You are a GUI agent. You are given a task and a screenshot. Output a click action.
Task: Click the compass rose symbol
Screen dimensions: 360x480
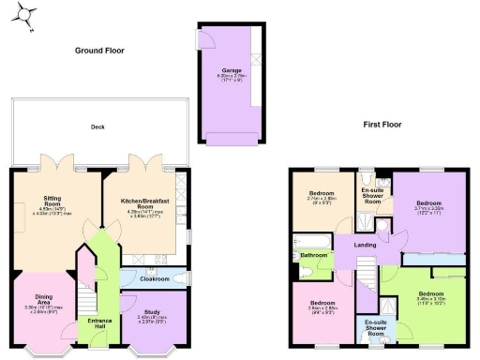[x=28, y=16]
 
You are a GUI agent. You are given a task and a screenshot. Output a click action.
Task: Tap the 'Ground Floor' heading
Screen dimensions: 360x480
[x=102, y=50]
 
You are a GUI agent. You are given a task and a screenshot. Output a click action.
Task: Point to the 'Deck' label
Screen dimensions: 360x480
[x=97, y=127]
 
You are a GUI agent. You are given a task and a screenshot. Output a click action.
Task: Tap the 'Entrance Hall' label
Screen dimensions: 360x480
[x=99, y=323]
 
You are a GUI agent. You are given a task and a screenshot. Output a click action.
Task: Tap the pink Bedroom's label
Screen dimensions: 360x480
[x=323, y=304]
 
